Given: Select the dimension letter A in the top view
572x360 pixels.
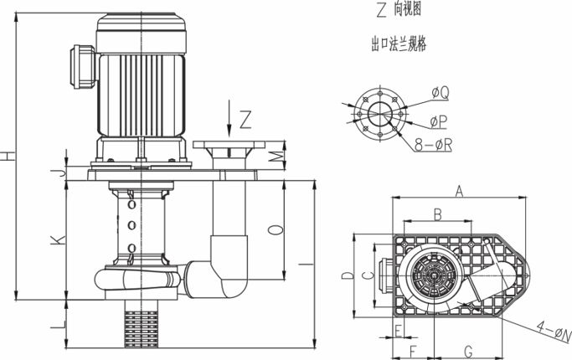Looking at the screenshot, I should coord(459,192).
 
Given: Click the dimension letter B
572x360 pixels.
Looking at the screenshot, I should coord(436,215).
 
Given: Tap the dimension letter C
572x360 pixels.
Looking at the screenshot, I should coord(365,275).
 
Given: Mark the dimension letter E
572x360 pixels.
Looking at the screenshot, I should coord(398,328).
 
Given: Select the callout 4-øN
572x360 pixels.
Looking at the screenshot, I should coord(552,335).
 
